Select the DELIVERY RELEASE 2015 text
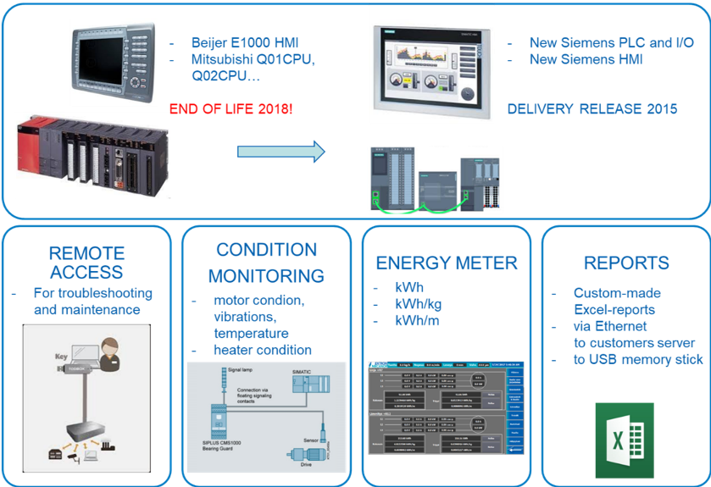click(x=592, y=109)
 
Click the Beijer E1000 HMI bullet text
click(x=245, y=42)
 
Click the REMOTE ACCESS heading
click(x=87, y=263)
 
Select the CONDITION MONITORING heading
click(x=266, y=263)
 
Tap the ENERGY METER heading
click(x=446, y=263)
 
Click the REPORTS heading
click(x=625, y=263)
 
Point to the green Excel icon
click(x=624, y=440)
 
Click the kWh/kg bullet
click(x=418, y=304)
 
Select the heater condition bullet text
click(x=262, y=350)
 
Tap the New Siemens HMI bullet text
click(x=586, y=59)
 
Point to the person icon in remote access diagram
click(x=108, y=351)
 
